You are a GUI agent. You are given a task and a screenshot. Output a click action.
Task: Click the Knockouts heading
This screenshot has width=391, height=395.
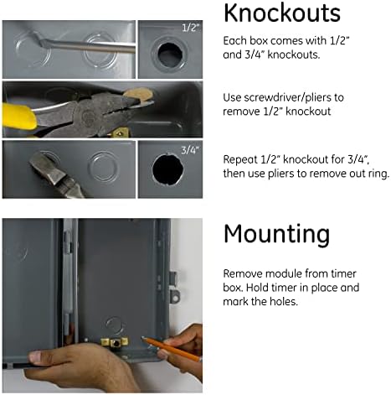[282, 13]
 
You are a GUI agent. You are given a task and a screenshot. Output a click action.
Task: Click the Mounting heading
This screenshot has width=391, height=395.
[276, 234]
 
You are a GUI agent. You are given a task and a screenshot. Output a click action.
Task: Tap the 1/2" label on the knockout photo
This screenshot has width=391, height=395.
[191, 28]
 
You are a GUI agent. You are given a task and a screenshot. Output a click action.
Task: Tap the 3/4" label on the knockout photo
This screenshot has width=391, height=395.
[190, 150]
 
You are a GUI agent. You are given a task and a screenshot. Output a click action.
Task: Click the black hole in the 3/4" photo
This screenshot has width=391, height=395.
[168, 169]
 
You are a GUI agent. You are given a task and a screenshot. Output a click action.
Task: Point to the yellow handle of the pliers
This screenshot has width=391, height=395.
[19, 116]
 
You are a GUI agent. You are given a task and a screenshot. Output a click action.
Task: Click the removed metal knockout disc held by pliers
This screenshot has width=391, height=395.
[138, 96]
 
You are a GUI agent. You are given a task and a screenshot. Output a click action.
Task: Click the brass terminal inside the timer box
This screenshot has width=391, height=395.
[115, 342]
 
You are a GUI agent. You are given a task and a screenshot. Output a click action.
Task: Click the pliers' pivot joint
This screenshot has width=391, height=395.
[89, 116]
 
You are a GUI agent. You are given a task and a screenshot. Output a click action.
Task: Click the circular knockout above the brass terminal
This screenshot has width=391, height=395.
[115, 325]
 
